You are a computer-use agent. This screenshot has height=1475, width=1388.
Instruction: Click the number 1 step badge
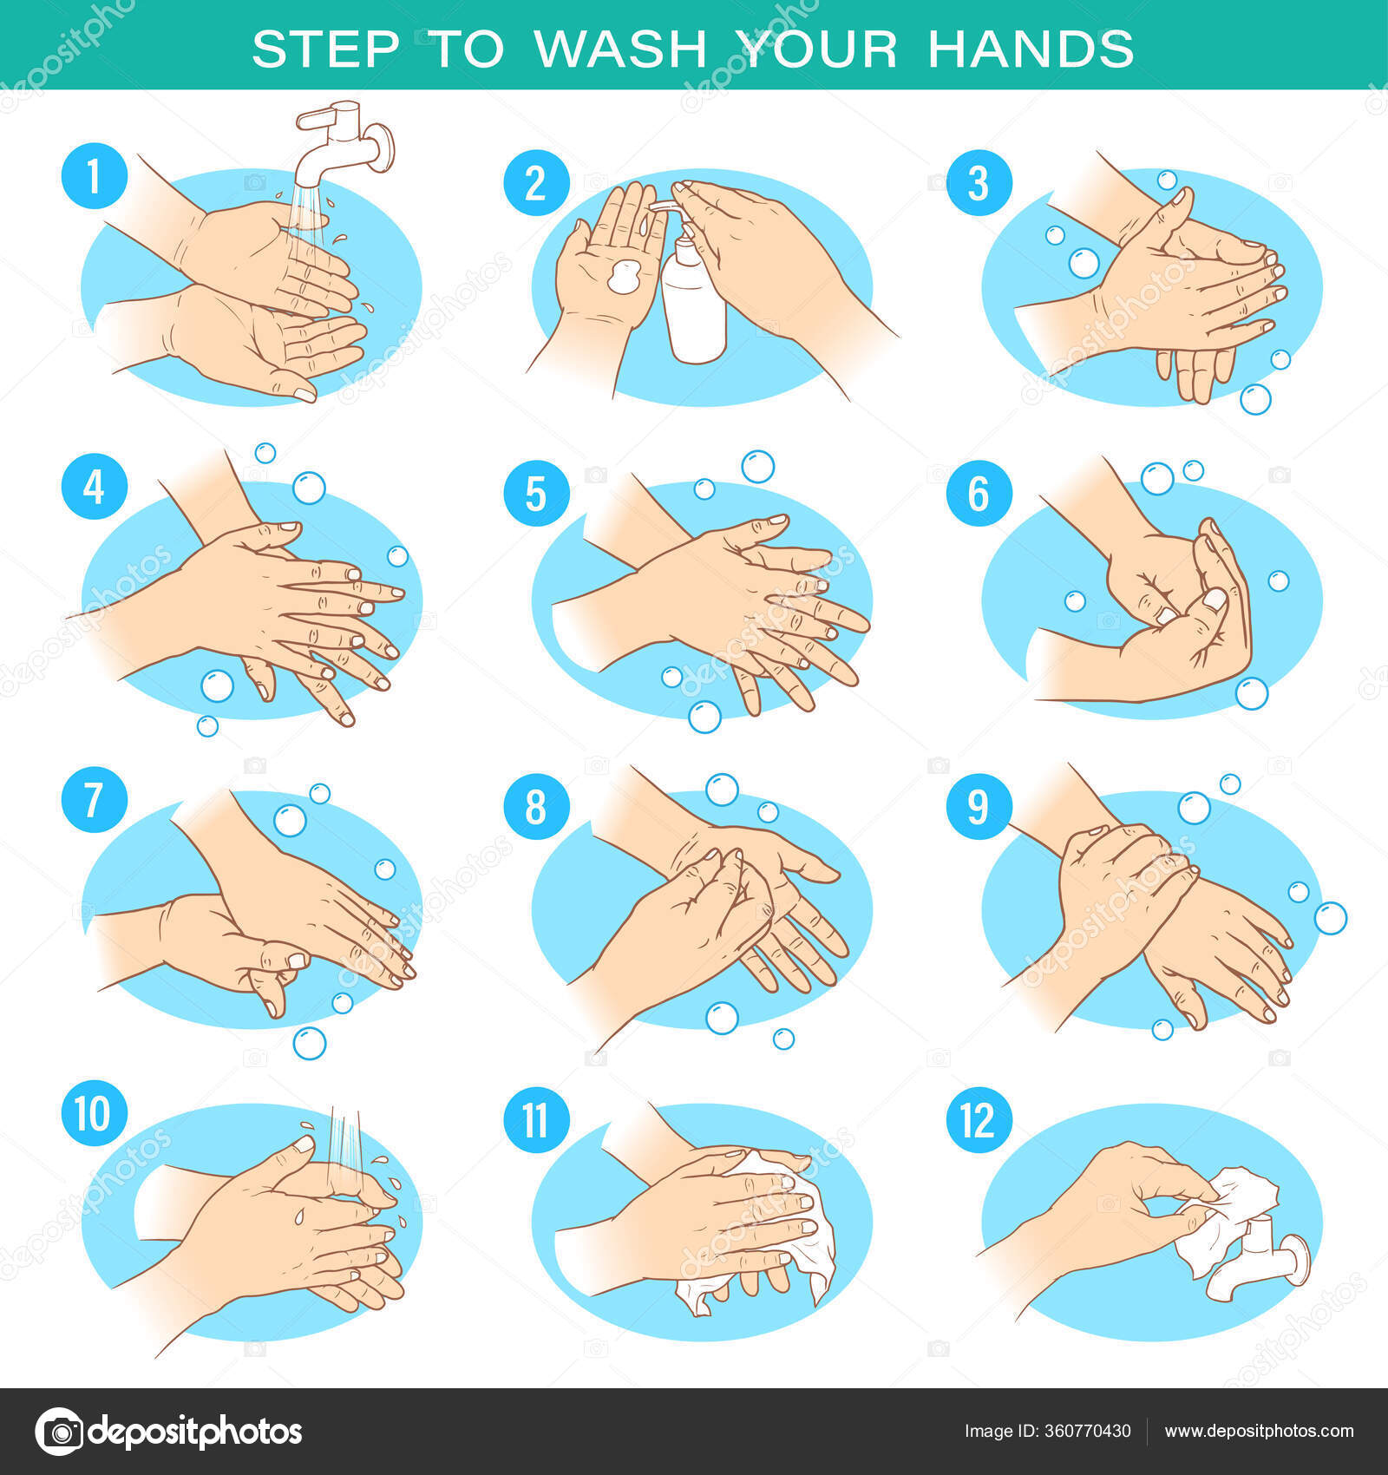95,176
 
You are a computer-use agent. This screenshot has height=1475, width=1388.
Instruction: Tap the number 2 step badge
536,183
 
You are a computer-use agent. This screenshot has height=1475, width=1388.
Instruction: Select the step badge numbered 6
979,493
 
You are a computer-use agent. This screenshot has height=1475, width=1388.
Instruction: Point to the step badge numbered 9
979,806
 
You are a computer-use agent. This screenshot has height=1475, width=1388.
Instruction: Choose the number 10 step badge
95,1113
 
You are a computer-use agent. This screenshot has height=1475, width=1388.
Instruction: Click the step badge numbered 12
979,1120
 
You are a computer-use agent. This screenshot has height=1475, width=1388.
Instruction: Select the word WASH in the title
619,49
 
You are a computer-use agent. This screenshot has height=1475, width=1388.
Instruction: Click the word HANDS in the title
1031,49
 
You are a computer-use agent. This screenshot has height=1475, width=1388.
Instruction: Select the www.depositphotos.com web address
1259,1432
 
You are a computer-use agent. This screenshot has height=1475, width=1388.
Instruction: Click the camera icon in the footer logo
59,1431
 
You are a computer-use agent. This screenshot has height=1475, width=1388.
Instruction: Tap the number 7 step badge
95,799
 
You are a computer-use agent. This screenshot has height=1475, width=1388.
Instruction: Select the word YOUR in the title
817,49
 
